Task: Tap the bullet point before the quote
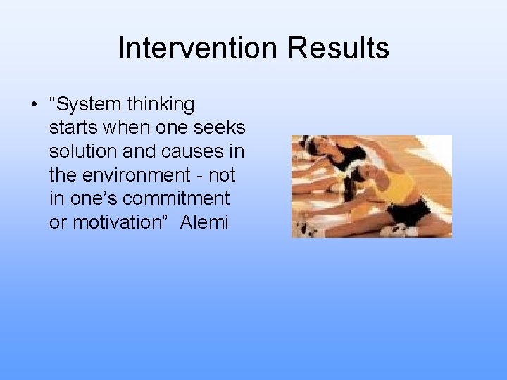click(33, 105)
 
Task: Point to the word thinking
click(161, 105)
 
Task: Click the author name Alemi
click(204, 222)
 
